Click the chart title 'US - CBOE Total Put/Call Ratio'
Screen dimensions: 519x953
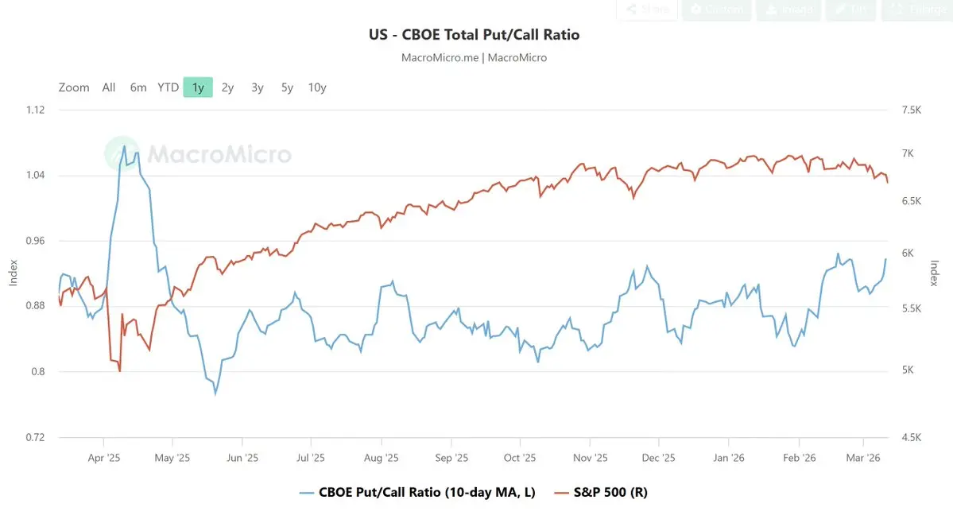point(474,35)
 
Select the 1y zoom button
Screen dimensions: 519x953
point(198,87)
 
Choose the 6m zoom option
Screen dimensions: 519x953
point(138,87)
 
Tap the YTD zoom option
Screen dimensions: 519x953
point(168,87)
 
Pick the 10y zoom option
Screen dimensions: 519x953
point(317,87)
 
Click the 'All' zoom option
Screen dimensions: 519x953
point(109,87)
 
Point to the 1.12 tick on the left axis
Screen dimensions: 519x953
point(37,110)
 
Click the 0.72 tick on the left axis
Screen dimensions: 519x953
point(37,438)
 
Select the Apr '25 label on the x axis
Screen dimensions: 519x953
point(103,458)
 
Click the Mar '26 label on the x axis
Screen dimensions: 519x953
point(863,458)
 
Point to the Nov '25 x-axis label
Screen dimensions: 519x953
point(590,458)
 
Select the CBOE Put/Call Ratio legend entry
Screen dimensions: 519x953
point(426,493)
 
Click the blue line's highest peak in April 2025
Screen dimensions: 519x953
point(124,146)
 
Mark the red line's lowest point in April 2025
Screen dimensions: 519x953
point(119,371)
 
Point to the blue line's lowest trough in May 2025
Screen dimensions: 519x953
point(215,393)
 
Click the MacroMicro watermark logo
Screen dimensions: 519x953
point(199,153)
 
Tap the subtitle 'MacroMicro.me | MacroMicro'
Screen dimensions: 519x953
point(474,58)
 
